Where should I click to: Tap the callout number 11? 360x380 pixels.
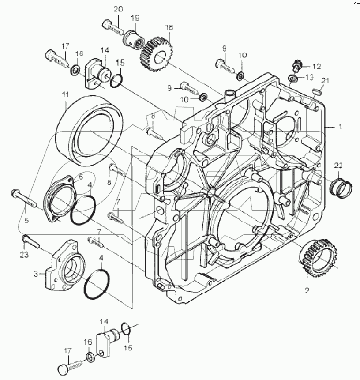point(66,94)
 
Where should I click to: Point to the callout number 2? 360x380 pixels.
point(307,290)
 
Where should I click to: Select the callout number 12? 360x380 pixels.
point(316,66)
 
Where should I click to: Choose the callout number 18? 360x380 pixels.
point(168,27)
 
